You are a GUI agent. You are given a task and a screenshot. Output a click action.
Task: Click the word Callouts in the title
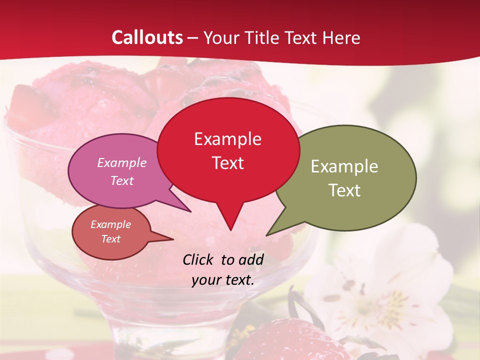pyautogui.click(x=147, y=37)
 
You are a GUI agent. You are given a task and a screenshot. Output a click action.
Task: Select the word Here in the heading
pyautogui.click(x=342, y=37)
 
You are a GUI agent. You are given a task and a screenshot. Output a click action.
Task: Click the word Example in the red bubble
pyautogui.click(x=227, y=139)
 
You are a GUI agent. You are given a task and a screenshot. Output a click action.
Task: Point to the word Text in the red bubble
pyautogui.click(x=227, y=162)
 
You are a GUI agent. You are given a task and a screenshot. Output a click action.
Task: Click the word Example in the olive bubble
pyautogui.click(x=344, y=166)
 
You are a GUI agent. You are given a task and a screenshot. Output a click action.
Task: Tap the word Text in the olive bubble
pyautogui.click(x=344, y=190)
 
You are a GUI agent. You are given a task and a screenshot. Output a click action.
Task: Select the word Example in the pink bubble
pyautogui.click(x=122, y=162)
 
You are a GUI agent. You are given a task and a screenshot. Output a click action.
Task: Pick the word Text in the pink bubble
pyautogui.click(x=122, y=180)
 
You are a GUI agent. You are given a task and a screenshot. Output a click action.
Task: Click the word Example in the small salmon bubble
pyautogui.click(x=110, y=224)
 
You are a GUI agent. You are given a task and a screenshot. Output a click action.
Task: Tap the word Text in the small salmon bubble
pyautogui.click(x=110, y=239)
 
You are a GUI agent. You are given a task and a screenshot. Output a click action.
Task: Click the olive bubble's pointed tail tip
pyautogui.click(x=267, y=234)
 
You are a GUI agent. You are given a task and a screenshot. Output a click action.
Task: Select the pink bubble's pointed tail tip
pyautogui.click(x=190, y=211)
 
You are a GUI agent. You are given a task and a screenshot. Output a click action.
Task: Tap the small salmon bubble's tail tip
pyautogui.click(x=172, y=239)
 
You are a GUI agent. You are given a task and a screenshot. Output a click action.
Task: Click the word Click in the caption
pyautogui.click(x=199, y=259)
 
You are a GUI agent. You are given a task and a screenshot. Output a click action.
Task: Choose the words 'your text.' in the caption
pyautogui.click(x=223, y=279)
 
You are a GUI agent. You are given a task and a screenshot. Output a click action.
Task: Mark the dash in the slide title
pyautogui.click(x=193, y=38)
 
